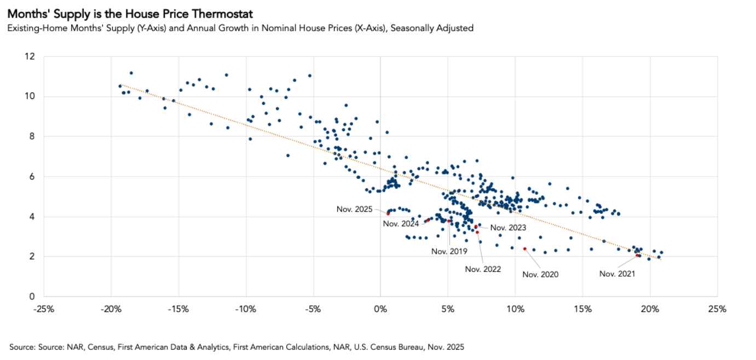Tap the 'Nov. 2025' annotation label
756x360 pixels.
(355, 209)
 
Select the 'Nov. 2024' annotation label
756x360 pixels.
(401, 223)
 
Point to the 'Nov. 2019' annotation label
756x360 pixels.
(449, 251)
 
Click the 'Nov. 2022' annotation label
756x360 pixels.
(483, 269)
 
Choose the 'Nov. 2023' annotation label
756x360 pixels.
(508, 227)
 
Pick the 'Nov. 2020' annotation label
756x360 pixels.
(540, 274)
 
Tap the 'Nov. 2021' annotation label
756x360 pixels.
(617, 274)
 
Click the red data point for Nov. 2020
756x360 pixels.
(524, 248)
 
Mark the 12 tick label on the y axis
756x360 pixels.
(30, 56)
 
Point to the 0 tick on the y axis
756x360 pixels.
(32, 297)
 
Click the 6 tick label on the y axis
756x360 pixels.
(32, 177)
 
